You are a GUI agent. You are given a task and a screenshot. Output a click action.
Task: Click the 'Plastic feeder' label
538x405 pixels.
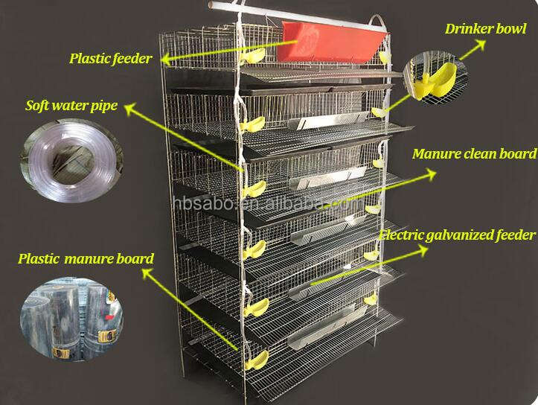[111, 58]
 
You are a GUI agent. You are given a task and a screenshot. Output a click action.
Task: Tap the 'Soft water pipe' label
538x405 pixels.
[71, 106]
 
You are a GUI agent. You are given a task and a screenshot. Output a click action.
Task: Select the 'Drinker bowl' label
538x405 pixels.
[484, 30]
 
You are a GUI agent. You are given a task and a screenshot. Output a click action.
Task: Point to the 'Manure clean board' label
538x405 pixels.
[474, 154]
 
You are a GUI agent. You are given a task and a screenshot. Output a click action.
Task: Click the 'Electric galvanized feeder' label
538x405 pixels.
[457, 235]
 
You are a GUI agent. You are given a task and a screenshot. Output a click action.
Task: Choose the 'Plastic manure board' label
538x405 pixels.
[86, 259]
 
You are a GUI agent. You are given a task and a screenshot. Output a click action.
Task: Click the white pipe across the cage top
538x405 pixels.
[298, 13]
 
